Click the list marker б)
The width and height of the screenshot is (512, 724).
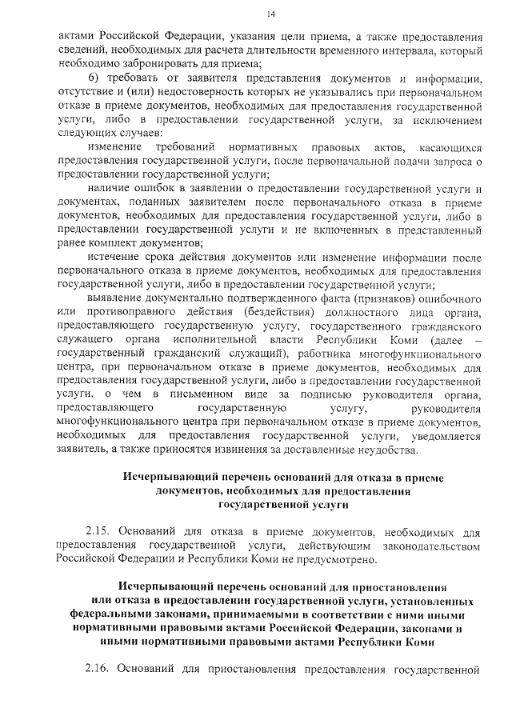coord(94,78)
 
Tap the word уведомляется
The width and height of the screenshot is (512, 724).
coord(444,436)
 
